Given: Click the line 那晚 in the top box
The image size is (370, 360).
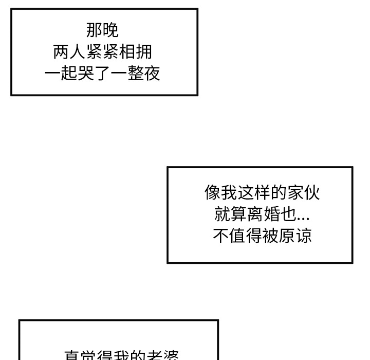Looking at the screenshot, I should (x=102, y=30).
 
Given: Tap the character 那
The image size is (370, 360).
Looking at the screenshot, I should (x=94, y=30).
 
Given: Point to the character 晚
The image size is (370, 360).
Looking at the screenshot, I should (x=110, y=30).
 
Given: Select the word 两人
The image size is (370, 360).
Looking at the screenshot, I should (x=69, y=52).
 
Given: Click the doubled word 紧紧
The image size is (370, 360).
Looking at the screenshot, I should (x=102, y=52).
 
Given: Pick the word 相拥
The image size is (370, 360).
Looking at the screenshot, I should (x=136, y=52).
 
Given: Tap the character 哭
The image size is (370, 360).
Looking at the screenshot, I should (x=86, y=74).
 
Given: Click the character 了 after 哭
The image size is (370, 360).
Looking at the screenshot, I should (x=103, y=74).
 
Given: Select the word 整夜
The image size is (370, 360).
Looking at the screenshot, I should (x=144, y=74).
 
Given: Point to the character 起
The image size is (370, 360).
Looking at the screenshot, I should (x=69, y=74).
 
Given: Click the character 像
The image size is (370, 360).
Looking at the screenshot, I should (x=212, y=193).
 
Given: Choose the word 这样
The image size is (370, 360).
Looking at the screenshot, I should (x=253, y=193).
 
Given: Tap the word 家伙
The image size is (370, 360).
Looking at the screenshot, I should (x=303, y=193).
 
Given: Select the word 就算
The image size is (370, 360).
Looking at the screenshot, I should (x=231, y=214).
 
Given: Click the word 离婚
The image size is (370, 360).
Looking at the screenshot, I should (x=264, y=214).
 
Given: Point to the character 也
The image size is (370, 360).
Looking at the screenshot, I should (x=289, y=214).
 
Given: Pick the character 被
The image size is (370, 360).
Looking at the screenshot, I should (x=270, y=236).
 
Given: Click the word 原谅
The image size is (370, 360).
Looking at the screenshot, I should (x=295, y=236).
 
